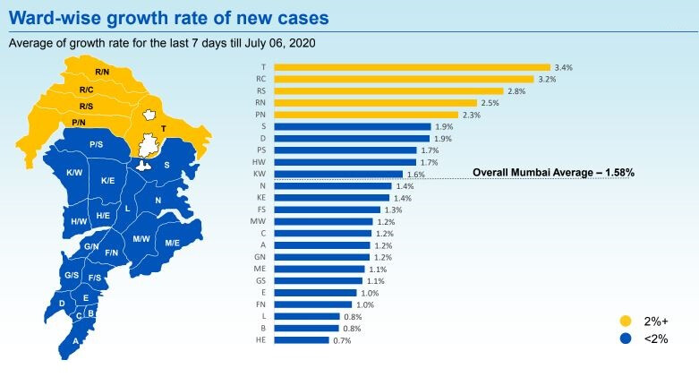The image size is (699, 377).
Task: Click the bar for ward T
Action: (412, 67)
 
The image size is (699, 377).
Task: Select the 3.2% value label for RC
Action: (546, 79)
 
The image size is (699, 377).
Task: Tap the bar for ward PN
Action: (366, 115)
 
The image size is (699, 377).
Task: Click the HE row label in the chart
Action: (260, 340)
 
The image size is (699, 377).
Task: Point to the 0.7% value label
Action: (342, 340)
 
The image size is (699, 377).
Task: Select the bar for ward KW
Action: (338, 174)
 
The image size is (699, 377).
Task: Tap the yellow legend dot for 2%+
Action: (626, 320)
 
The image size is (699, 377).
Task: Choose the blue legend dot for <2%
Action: (626, 338)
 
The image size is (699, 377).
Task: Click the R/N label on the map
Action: (102, 72)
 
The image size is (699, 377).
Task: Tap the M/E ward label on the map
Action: (172, 243)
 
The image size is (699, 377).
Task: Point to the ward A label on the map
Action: (75, 340)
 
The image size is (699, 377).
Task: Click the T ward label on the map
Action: (163, 128)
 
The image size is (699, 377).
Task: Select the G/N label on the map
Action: (91, 246)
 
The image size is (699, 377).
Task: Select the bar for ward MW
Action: (323, 221)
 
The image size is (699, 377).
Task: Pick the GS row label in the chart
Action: (260, 281)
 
